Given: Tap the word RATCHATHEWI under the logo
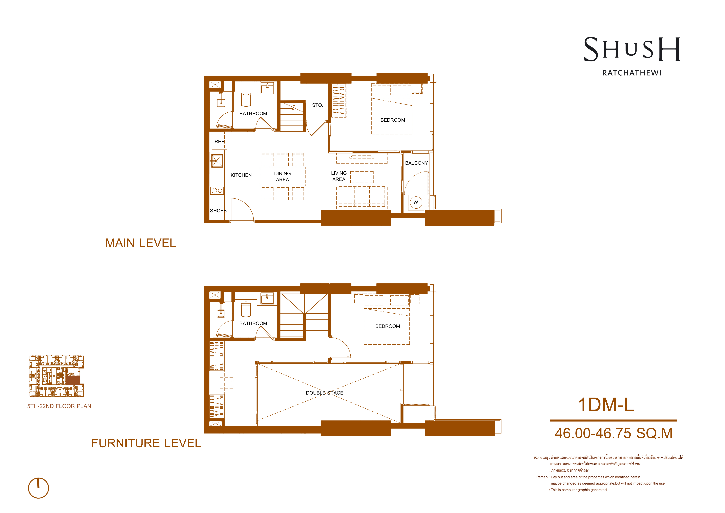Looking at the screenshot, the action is click(x=632, y=73).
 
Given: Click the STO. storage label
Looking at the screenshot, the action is click(x=317, y=105).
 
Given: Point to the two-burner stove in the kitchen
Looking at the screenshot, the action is click(x=217, y=190).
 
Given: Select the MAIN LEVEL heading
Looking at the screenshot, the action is click(x=141, y=243).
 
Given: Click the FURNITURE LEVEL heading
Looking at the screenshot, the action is click(x=146, y=443).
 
